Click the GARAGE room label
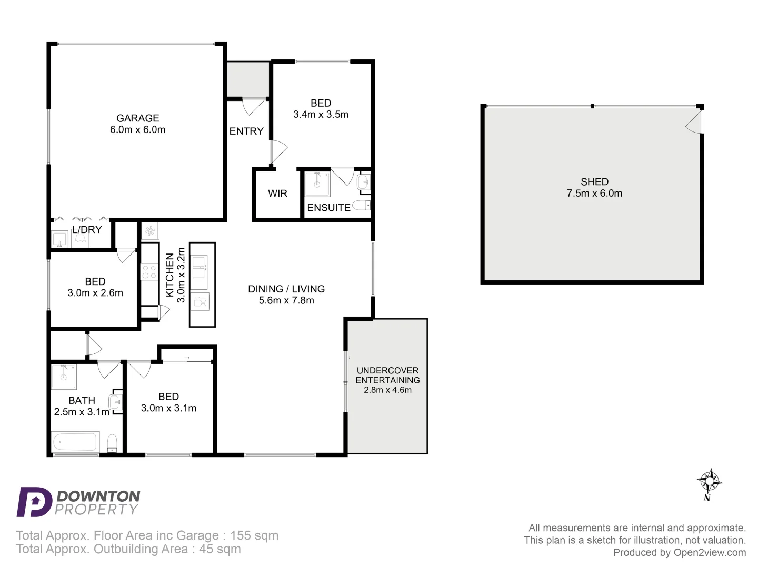tap(137, 118)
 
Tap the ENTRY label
tap(246, 131)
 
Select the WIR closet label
tap(277, 194)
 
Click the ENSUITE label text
tap(328, 208)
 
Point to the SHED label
tap(594, 182)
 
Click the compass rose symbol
tap(709, 481)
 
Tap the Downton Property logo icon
tap(34, 502)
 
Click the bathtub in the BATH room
tap(75, 442)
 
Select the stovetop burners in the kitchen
tap(149, 272)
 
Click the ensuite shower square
tap(317, 184)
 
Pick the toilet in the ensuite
tap(362, 205)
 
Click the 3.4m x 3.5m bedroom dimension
tap(321, 115)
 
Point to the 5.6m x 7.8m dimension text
tap(286, 300)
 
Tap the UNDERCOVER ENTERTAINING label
tap(387, 375)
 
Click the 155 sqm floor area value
tap(254, 535)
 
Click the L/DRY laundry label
tap(87, 230)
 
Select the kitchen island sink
tap(199, 266)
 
